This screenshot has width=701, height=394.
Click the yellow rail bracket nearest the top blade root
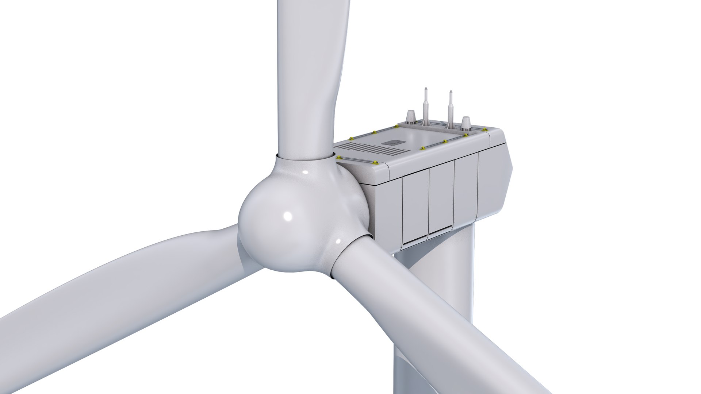tap(339, 157)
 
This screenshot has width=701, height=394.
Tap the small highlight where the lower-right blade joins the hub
tap(338, 241)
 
